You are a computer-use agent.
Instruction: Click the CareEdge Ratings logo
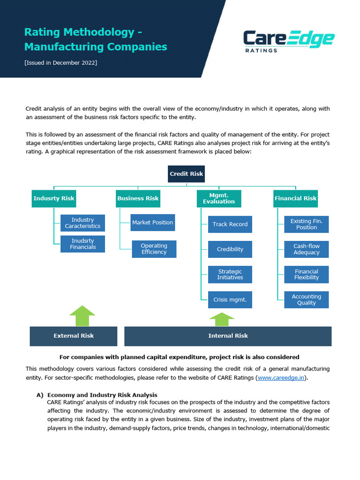288,41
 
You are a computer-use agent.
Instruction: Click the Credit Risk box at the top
187,174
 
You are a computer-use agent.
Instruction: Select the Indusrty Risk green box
54,198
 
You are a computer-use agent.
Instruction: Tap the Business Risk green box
138,198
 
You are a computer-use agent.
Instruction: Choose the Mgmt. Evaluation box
219,198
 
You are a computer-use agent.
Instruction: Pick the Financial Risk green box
295,198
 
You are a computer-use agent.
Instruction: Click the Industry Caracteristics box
82,223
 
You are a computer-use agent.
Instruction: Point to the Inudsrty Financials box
82,244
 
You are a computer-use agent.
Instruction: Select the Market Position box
152,223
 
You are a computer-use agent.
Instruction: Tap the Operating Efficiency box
154,249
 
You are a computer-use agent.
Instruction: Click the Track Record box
230,224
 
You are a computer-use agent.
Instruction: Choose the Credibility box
230,249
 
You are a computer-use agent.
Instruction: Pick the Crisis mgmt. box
230,300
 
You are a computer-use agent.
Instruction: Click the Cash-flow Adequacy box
307,249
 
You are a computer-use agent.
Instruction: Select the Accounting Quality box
307,300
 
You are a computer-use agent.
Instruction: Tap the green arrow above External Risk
82,315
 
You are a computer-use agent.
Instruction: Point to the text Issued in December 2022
61,63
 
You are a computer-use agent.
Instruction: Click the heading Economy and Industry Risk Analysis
102,395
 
